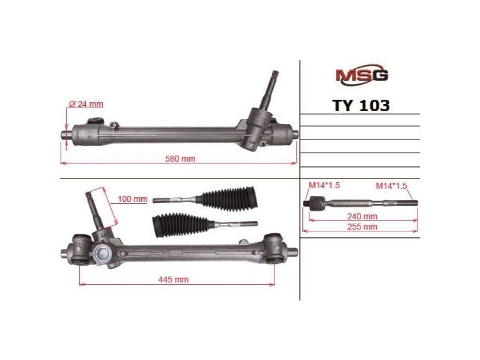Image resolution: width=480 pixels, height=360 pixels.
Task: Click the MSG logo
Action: point(362,75)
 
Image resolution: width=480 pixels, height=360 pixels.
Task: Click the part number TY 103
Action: point(361,106)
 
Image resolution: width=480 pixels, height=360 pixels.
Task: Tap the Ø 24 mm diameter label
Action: point(87,104)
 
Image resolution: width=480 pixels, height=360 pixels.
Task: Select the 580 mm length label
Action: point(180,159)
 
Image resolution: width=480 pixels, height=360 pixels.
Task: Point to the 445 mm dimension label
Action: point(173,279)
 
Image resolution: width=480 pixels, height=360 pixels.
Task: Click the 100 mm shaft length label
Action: point(133,199)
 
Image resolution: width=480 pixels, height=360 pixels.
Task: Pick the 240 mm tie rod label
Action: point(362,216)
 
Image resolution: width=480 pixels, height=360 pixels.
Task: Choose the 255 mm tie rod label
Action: point(362,227)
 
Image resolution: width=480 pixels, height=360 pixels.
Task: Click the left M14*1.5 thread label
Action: point(324,185)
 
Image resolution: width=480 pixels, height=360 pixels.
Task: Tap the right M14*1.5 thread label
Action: point(392,186)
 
